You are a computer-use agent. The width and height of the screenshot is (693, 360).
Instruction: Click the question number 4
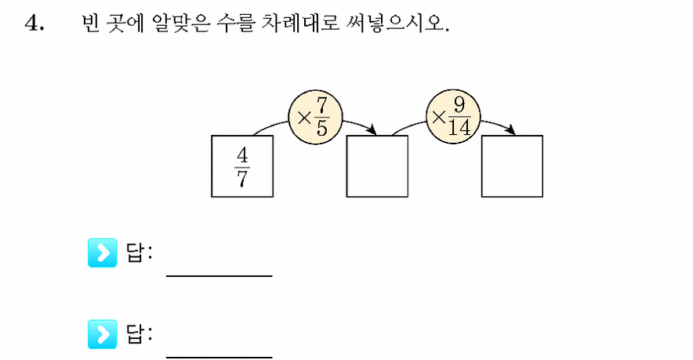click(34, 23)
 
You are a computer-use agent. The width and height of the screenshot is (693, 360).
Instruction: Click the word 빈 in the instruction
click(91, 23)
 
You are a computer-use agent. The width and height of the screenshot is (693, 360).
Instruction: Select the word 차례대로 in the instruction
click(300, 23)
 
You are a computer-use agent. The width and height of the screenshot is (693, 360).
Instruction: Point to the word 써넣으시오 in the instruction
click(397, 23)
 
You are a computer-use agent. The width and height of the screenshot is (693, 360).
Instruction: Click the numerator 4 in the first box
click(242, 155)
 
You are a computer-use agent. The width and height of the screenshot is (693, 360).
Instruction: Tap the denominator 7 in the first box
click(242, 178)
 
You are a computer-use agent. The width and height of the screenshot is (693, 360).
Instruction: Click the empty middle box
click(377, 166)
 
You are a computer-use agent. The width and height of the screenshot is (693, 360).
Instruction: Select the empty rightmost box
click(512, 166)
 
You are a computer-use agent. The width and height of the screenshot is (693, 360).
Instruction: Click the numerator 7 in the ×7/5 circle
click(321, 105)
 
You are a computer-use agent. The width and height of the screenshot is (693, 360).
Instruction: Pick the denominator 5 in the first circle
click(321, 128)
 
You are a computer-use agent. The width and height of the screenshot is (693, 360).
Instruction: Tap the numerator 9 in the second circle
click(459, 105)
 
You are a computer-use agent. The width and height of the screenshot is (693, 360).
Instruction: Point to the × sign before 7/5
click(304, 118)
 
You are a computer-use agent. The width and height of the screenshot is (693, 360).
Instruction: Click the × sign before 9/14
click(438, 118)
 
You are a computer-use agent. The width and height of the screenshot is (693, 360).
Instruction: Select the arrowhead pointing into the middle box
click(372, 130)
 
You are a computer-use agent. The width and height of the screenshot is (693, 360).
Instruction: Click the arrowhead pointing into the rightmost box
click(511, 130)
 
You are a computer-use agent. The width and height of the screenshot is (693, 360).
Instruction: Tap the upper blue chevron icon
click(103, 253)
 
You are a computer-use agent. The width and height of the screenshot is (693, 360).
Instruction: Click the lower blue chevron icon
click(103, 334)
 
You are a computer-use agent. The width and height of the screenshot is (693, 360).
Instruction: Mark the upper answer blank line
click(220, 276)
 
